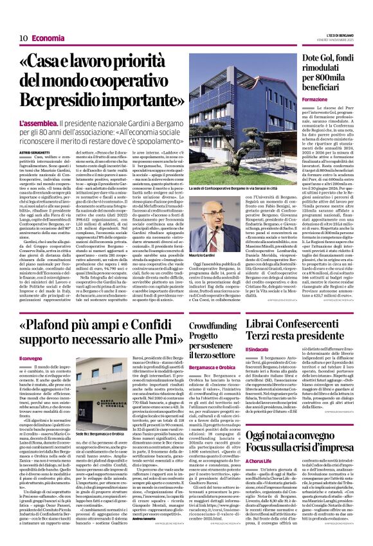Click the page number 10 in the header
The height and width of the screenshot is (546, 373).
tap(23, 38)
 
